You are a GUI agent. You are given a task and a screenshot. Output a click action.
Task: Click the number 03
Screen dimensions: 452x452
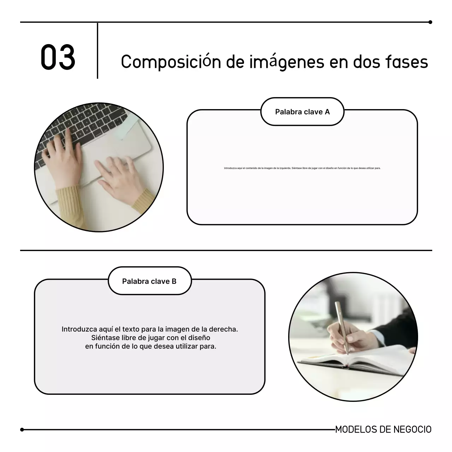pyautogui.click(x=58, y=57)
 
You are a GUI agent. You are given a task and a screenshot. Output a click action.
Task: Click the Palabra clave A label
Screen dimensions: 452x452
pyautogui.click(x=302, y=112)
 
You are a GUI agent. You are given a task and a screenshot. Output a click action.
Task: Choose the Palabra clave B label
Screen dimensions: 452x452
pyautogui.click(x=149, y=281)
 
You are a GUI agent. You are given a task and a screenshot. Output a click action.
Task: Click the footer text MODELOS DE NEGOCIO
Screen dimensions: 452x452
pyautogui.click(x=383, y=429)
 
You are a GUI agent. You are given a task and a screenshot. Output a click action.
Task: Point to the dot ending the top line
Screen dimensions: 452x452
pyautogui.click(x=430, y=22)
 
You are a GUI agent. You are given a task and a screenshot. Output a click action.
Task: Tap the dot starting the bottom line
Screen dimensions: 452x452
pyautogui.click(x=22, y=430)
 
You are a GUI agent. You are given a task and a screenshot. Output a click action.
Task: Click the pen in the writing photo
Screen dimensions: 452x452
pyautogui.click(x=342, y=327)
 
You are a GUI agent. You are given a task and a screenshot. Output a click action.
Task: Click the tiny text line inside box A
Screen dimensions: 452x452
pyautogui.click(x=302, y=168)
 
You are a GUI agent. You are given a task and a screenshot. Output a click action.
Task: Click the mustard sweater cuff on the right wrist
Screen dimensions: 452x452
pyautogui.click(x=143, y=201)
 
